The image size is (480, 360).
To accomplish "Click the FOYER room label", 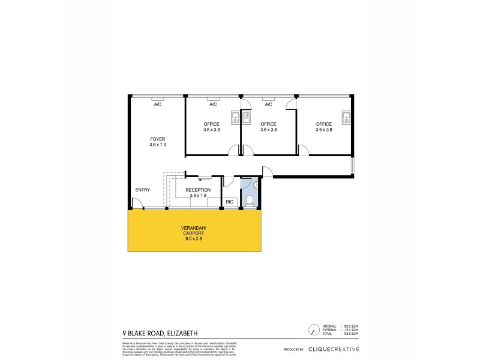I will tap(157, 139).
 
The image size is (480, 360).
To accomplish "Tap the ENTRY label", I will tap(142, 190).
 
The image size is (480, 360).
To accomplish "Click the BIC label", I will tap(229, 202).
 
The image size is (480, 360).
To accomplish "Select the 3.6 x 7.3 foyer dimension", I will tap(157, 145).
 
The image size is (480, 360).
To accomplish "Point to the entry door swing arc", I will tap(137, 205).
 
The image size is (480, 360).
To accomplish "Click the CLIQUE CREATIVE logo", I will tap(334, 349).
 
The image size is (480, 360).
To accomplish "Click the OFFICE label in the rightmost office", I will tap(324, 124).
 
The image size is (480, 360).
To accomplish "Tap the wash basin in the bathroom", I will tap(256, 186).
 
